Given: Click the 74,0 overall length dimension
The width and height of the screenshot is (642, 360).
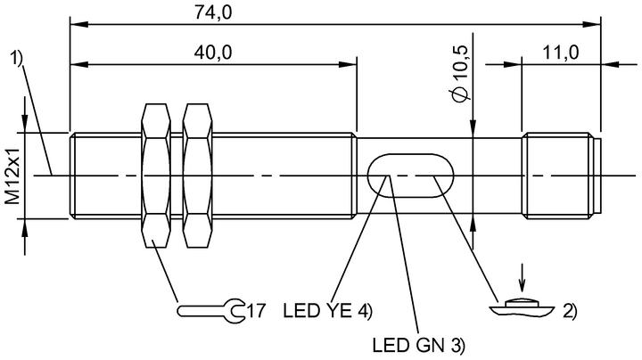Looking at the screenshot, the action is point(213,12).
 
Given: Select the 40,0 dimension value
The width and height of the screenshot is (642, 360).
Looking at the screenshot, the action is point(213,53).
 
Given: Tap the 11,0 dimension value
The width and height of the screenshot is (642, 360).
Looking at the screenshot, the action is point(561,53).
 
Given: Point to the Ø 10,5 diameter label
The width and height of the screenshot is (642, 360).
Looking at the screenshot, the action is point(460,73).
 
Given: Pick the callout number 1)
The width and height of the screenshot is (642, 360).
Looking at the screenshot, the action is point(16,58).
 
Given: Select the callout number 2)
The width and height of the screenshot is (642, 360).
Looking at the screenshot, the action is point(570,312).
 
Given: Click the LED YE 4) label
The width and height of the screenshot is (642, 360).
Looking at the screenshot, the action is point(327,311).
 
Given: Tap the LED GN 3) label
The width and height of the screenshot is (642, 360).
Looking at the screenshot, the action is point(419,346).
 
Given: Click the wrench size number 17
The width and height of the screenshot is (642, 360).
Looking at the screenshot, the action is point(257,311).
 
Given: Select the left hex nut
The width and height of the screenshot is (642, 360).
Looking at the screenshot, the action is point(155,176).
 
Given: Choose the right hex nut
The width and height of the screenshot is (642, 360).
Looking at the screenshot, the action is point(198,176).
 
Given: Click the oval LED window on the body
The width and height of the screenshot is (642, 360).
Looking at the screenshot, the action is point(411,176).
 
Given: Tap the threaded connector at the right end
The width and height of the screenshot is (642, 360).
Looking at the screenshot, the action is point(562,176).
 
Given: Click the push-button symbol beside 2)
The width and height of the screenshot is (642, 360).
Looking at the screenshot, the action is point(522,308).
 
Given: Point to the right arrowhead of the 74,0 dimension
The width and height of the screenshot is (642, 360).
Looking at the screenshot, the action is point(592,25).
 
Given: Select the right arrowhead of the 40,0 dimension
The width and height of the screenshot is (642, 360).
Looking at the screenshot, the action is point(348,65).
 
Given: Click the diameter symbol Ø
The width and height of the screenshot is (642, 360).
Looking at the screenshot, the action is point(460,94).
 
